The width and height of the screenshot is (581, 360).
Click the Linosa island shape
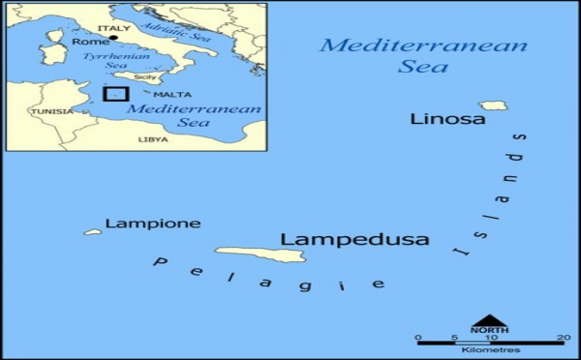click(x=493, y=105)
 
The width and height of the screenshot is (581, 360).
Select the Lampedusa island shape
click(x=260, y=255)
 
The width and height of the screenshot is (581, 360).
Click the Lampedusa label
click(x=353, y=239)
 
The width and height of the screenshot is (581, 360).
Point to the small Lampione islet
click(x=93, y=232)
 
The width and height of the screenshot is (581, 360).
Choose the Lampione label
click(x=152, y=224)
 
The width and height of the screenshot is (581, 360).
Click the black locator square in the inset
click(x=115, y=95)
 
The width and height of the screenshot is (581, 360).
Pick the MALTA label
click(x=175, y=95)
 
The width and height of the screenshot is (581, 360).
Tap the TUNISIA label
click(x=51, y=111)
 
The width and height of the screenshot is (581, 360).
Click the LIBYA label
click(x=153, y=139)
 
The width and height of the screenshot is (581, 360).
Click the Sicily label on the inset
click(x=144, y=76)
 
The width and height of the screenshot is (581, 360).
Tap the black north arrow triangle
click(x=489, y=321)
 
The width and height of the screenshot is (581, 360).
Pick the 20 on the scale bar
click(x=563, y=338)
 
